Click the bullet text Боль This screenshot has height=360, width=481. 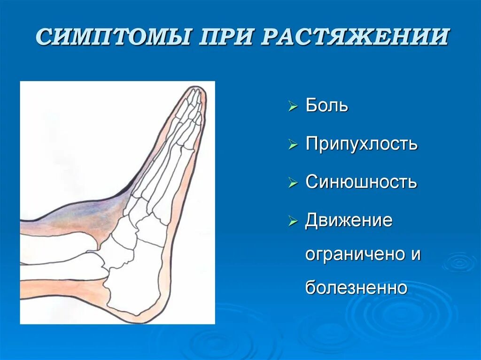click(x=327, y=105)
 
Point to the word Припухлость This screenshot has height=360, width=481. click(x=361, y=144)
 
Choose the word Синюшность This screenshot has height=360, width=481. click(x=361, y=182)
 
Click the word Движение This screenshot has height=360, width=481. click(x=349, y=220)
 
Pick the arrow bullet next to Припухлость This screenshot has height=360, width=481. click(x=293, y=145)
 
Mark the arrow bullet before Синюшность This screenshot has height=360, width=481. click(x=293, y=183)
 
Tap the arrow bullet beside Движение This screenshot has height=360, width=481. click(x=293, y=221)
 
